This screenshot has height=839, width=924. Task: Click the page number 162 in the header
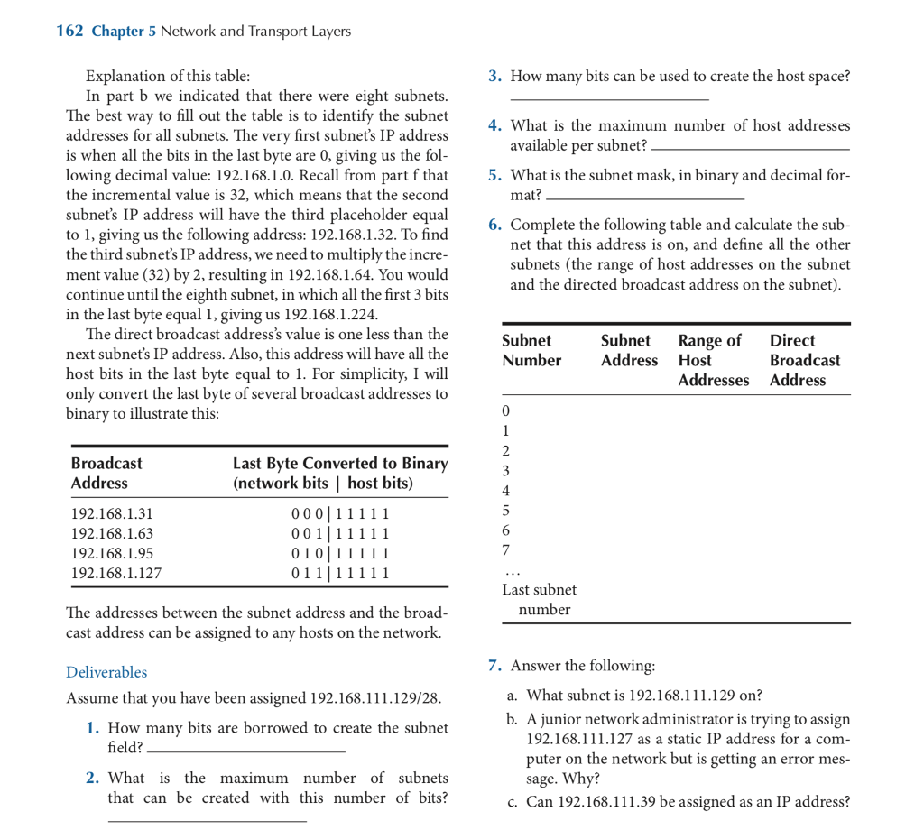pos(69,32)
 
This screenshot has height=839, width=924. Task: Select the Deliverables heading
pos(106,672)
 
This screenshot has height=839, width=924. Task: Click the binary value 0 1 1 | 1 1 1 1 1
pos(340,572)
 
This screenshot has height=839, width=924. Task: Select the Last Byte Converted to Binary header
pos(340,473)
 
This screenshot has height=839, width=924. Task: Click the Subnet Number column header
pos(531,350)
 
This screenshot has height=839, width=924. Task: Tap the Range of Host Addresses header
pos(713,360)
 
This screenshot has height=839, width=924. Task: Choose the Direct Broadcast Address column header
pos(804,360)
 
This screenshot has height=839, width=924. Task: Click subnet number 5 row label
pos(506,511)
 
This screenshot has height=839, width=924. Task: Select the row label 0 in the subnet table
pos(506,411)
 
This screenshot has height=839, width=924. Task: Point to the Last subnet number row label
pos(540,599)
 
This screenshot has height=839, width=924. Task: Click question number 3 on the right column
pos(494,77)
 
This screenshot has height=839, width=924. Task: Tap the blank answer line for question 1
pos(245,751)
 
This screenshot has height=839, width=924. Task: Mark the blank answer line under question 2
pos(207,820)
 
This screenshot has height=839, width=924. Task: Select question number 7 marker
pos(494,666)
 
